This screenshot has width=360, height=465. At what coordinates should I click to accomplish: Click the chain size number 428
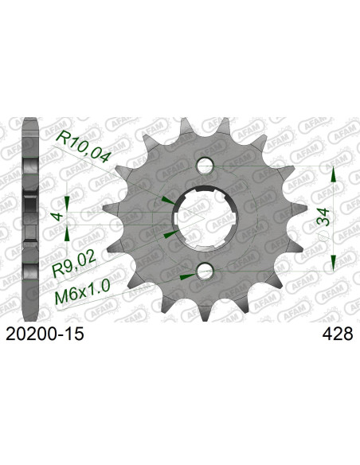[335, 336]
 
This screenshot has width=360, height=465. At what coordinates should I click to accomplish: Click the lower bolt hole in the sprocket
[204, 272]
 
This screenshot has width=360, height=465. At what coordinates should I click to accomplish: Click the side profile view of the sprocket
[30, 219]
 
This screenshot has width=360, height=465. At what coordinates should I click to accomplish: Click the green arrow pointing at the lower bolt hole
[188, 275]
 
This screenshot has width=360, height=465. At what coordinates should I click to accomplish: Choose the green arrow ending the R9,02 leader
[168, 236]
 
